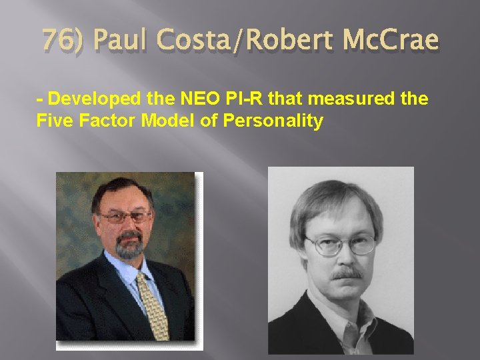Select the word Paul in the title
tap(124, 41)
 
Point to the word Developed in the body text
tap(93, 100)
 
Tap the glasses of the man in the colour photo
tap(125, 217)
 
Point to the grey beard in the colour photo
tap(129, 245)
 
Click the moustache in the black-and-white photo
tap(346, 273)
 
